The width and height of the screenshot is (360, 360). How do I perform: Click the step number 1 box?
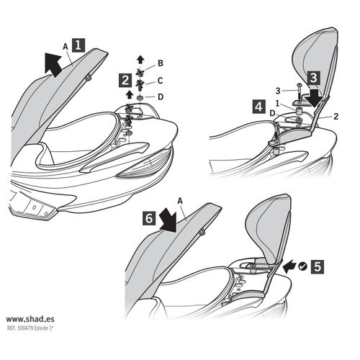coord(78,45)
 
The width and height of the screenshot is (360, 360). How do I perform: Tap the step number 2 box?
coord(125,81)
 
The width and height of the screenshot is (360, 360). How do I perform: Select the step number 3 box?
coord(313,78)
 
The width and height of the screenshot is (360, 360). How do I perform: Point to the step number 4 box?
coord(259,107)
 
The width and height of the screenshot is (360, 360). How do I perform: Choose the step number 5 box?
coord(318,266)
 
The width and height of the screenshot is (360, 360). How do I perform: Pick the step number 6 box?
coord(149,218)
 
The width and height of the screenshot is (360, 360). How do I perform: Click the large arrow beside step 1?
coord(53,64)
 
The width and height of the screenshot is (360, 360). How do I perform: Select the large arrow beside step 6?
coord(168,219)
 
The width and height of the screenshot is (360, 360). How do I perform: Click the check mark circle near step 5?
coord(302,266)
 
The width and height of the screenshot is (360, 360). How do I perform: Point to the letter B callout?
coord(161,63)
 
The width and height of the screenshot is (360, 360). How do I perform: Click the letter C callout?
coord(161,81)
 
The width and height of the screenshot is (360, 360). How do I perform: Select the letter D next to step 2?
coord(161,97)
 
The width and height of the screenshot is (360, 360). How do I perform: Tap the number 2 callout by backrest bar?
coord(336,117)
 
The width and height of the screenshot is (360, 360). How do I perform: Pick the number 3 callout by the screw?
coord(278,91)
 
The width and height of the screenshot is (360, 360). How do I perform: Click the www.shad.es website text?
coord(30,319)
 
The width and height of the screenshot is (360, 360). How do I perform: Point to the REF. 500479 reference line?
coord(30,328)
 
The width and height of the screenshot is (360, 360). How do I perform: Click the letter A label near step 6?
coord(180,201)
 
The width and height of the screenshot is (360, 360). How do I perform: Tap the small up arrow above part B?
coord(140,60)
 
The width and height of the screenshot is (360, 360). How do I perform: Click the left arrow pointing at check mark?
coord(289,266)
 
